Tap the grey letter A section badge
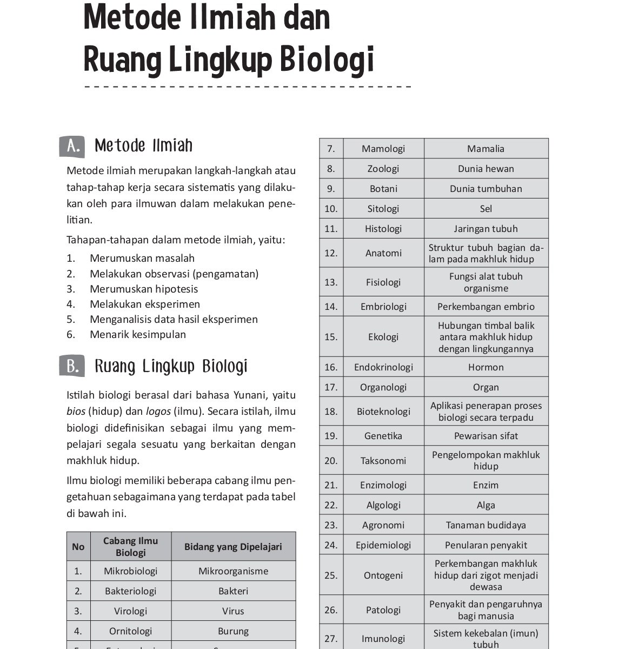pos(72,147)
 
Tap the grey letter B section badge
pos(72,367)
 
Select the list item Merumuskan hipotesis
pos(144,289)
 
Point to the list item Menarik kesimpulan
pos(138,334)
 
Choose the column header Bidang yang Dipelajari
pos(233,546)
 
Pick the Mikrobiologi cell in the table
pos(130,571)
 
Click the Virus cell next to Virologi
pos(233,611)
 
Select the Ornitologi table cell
pos(130,631)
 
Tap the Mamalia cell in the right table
pos(485,149)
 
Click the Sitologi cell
pos(383,209)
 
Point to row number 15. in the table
pos(331,337)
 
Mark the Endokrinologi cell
pos(383,367)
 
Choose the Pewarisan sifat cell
pos(485,436)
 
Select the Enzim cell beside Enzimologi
pos(485,485)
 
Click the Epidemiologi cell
pos(383,545)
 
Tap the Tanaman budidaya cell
pos(485,525)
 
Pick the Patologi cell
pos(383,610)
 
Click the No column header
pos(78,546)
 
